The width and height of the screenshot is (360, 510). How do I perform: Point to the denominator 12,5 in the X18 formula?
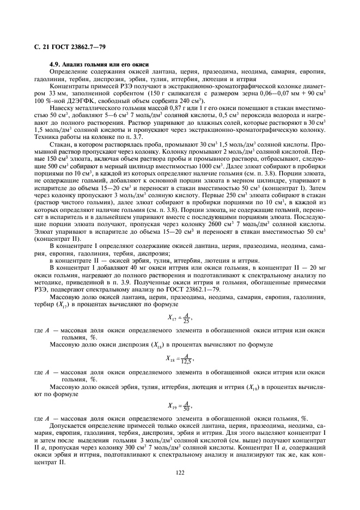pos(187,363)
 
